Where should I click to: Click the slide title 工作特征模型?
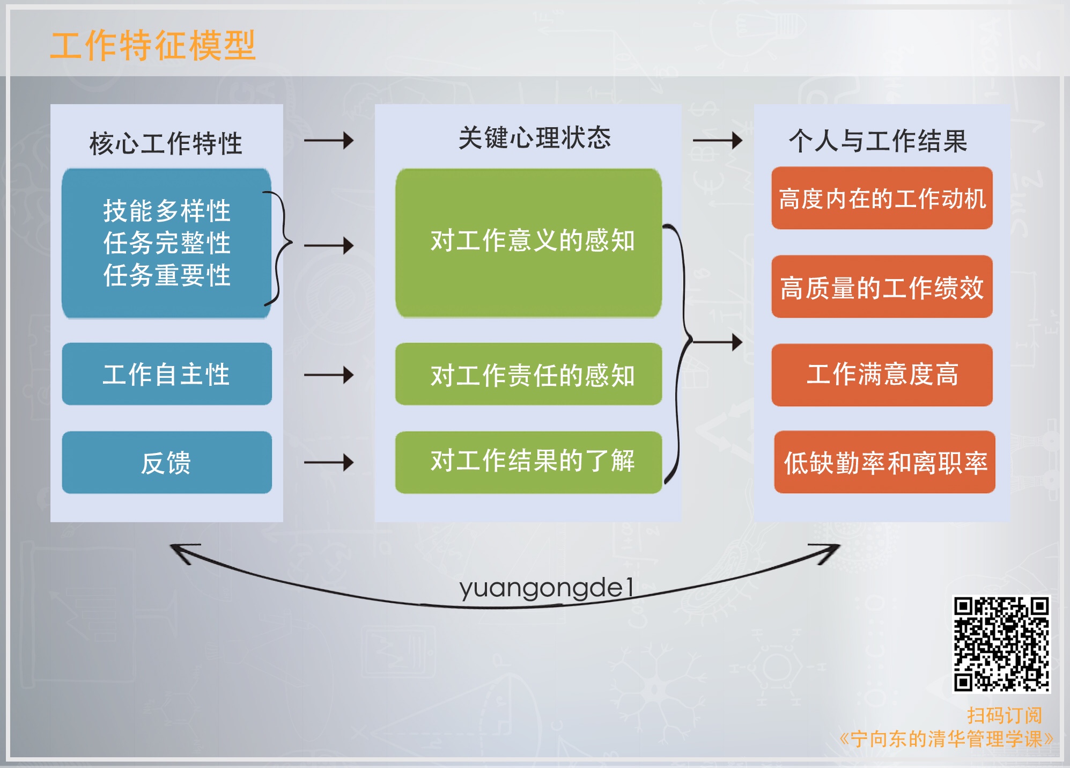point(153,45)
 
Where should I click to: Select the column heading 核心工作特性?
point(166,143)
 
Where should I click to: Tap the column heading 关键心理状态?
point(534,138)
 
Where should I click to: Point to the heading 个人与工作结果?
point(878,141)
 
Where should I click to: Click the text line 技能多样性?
point(166,210)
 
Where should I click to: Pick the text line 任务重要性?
point(166,275)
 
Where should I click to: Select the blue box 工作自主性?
point(167,374)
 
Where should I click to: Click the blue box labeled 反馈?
point(167,463)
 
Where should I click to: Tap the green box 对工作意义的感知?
point(528,243)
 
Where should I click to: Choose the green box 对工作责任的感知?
point(528,374)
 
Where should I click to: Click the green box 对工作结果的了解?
point(528,462)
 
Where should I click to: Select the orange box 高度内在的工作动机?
point(882,199)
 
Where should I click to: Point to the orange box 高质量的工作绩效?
point(882,287)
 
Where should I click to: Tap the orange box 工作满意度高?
point(882,375)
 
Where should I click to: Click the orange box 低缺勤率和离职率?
point(884,463)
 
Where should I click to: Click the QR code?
point(1001,644)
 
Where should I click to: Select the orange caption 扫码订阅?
point(1004,715)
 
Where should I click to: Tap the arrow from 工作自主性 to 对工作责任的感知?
point(329,375)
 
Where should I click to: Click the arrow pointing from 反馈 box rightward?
point(329,462)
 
